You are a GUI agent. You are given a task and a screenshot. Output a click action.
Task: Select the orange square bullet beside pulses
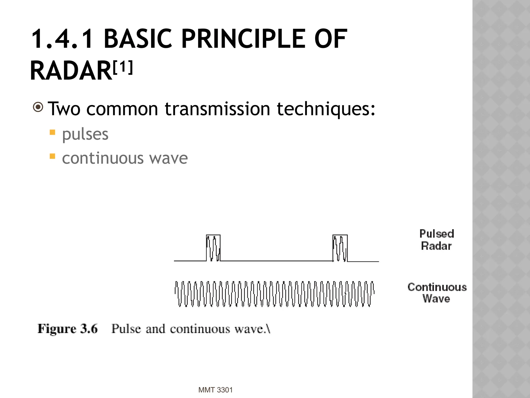click(53, 133)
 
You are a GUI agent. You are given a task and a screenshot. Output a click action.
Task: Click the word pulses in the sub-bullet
click(85, 134)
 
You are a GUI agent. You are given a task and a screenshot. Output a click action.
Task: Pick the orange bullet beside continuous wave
click(53, 156)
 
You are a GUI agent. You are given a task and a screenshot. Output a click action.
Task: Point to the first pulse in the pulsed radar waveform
click(213, 248)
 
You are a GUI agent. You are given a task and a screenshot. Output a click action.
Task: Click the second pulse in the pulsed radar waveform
click(340, 248)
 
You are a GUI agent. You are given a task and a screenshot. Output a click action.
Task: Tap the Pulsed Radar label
click(437, 240)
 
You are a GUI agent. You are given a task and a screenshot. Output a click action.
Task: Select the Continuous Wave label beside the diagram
click(437, 293)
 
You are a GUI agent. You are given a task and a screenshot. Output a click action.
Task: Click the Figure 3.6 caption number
click(68, 329)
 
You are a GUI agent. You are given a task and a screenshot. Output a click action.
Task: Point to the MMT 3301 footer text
click(215, 390)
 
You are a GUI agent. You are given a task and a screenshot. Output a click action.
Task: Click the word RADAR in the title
click(71, 71)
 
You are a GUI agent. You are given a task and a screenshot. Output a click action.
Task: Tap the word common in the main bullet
click(122, 109)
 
